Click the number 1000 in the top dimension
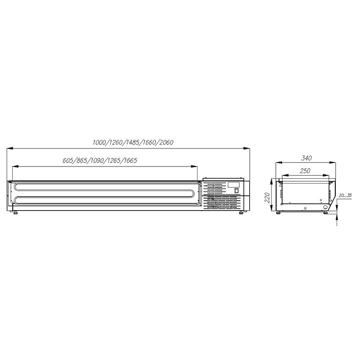click(x=99, y=143)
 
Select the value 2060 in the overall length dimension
click(x=166, y=143)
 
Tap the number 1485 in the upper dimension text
click(x=132, y=143)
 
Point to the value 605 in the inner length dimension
click(x=68, y=160)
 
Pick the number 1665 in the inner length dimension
click(x=130, y=160)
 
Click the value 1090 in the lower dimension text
click(x=97, y=160)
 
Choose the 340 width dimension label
click(x=306, y=158)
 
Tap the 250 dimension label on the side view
click(x=305, y=171)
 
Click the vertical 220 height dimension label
click(x=267, y=198)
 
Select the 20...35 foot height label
click(x=345, y=195)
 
